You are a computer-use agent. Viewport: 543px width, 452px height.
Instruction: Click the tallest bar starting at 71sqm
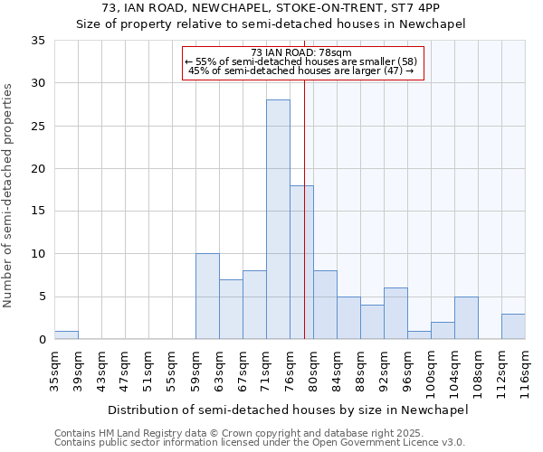pos(278,220)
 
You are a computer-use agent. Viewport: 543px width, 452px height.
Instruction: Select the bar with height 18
pos(301,262)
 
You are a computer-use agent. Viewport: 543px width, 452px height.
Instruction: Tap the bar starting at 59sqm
pos(207,297)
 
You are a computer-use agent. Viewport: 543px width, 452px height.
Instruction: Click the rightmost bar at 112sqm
pos(513,326)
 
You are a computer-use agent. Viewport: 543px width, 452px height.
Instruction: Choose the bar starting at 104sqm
pos(466,318)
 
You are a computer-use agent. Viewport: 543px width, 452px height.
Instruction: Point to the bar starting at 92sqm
pos(395,314)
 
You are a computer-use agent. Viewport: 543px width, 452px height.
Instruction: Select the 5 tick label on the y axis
pos(42,297)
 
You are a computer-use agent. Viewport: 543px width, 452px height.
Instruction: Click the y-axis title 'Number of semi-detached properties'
pos(9,195)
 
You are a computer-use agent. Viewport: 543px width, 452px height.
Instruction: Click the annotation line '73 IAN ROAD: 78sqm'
pos(303,53)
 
